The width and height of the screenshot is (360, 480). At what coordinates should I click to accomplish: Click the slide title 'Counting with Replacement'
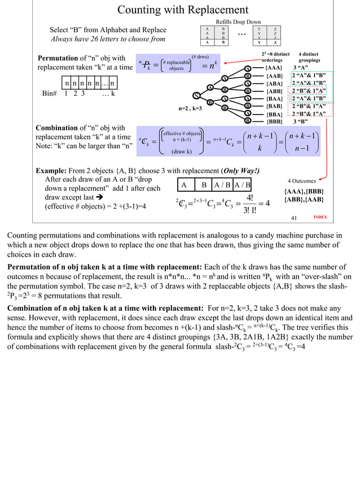click(x=182, y=10)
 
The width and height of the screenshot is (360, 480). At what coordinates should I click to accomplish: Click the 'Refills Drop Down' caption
click(x=239, y=21)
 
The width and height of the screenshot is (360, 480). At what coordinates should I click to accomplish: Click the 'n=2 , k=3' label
click(x=190, y=107)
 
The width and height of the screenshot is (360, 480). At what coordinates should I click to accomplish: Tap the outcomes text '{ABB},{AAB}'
click(x=304, y=199)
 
